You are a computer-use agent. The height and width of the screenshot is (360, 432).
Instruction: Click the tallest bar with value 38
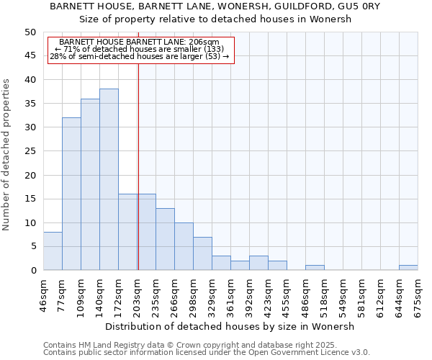pos(109,180)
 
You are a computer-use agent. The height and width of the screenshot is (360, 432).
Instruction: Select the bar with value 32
pos(71,194)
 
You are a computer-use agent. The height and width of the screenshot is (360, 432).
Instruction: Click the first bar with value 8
pos(53,251)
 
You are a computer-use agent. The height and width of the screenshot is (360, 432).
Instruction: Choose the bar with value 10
pos(184,246)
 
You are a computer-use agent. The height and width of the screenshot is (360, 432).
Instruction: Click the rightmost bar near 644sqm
pos(408,268)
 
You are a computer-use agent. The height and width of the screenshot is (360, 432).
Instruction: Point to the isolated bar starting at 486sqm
pos(315,268)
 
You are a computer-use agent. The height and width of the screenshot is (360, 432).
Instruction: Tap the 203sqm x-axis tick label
pos(138,293)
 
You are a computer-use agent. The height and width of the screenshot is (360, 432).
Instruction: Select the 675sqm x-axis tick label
pos(418,293)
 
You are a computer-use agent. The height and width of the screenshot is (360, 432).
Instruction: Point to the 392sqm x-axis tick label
pos(250,293)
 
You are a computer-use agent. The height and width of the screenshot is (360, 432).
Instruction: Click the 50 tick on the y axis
pos(30,32)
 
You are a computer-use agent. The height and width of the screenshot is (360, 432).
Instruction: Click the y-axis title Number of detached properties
pos(7,155)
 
